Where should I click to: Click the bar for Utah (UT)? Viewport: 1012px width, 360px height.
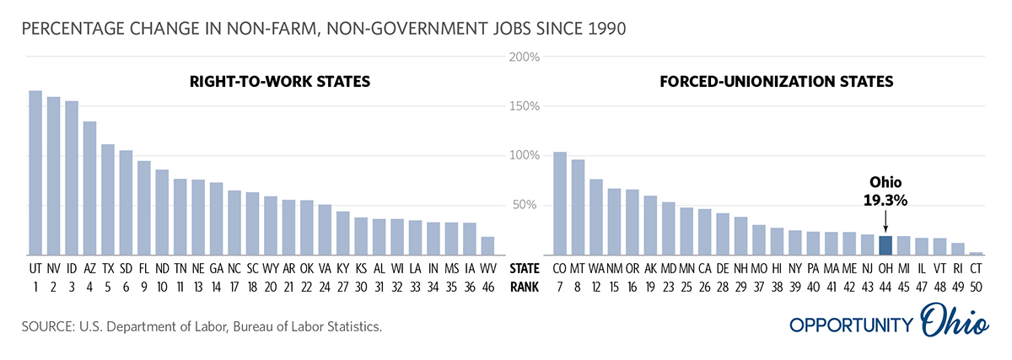(35, 173)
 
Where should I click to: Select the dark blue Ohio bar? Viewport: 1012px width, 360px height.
(885, 245)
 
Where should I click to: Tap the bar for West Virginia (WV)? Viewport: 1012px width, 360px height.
(487, 245)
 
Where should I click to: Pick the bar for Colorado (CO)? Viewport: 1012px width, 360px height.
(559, 203)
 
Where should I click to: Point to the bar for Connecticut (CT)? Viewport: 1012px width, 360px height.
(976, 253)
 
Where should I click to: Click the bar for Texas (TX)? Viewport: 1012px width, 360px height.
(108, 200)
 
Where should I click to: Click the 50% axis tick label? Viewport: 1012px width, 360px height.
(525, 205)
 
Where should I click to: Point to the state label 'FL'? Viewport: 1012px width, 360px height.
(144, 269)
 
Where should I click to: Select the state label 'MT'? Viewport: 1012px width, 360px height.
(578, 269)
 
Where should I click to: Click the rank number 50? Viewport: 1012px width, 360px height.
(976, 287)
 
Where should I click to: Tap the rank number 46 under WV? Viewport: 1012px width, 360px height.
(487, 287)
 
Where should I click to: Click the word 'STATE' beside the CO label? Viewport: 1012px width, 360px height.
(525, 269)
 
